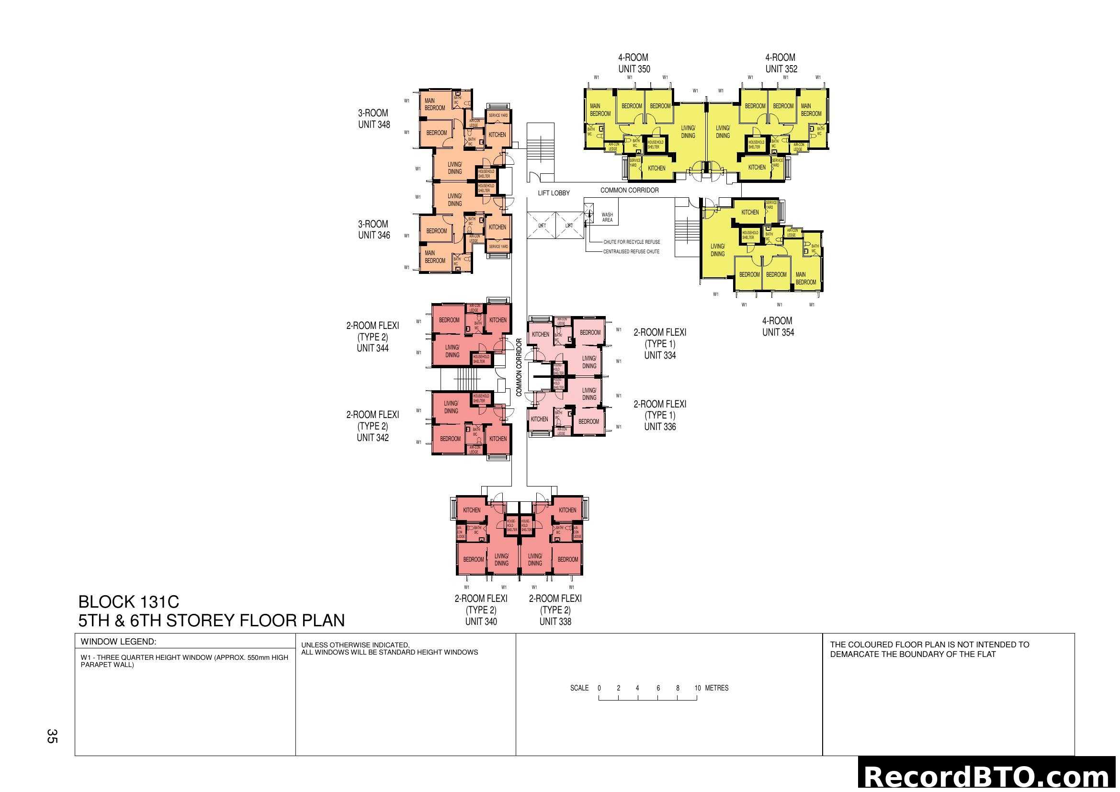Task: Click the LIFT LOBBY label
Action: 554,193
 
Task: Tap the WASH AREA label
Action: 607,217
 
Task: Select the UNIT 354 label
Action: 778,333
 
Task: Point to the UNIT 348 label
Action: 373,125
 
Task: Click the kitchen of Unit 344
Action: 498,320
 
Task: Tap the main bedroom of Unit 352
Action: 811,110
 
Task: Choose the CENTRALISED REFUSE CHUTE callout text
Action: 631,252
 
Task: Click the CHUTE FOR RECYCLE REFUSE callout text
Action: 631,242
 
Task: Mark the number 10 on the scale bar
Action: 697,688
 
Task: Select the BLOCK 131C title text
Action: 129,601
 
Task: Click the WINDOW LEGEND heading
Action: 118,642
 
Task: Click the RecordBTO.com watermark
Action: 988,776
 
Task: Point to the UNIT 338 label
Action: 555,622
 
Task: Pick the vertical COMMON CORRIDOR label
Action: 519,367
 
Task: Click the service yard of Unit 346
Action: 498,247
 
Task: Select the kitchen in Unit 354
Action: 750,213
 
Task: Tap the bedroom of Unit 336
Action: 588,421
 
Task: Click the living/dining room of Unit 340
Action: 501,559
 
